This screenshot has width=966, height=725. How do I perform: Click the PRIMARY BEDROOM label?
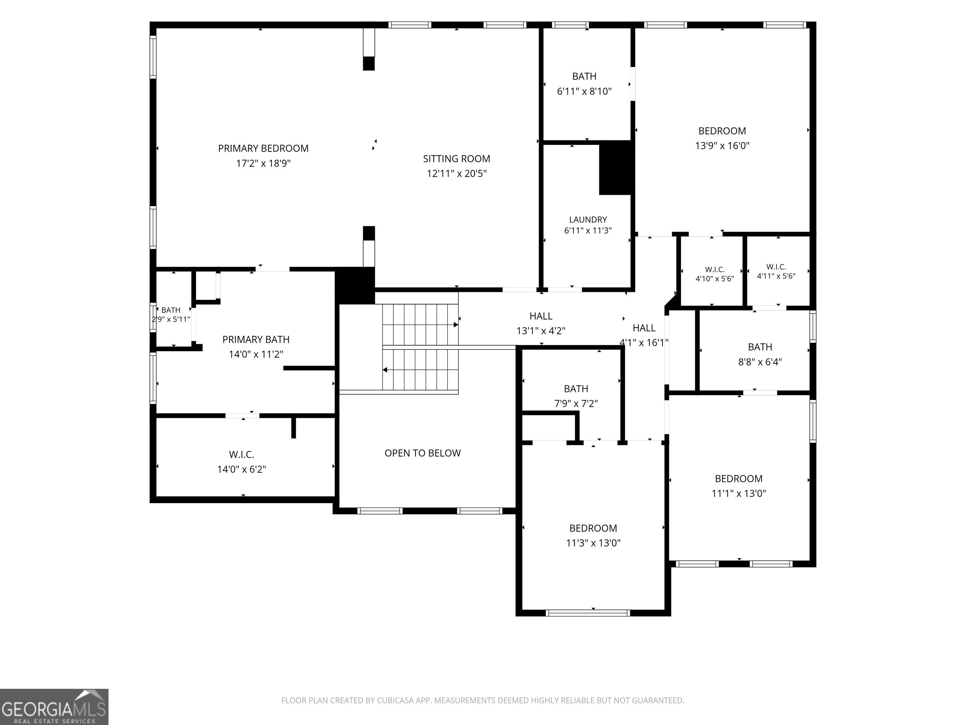point(263,149)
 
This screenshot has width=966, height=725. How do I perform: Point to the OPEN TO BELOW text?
point(423,453)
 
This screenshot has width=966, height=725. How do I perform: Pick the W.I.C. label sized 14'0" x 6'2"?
point(241,454)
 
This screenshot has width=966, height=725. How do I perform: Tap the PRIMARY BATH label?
point(256,340)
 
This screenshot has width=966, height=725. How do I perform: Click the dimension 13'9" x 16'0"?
point(722,145)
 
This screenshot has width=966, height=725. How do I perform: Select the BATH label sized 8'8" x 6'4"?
point(760,347)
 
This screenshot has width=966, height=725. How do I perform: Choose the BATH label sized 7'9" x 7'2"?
point(576,389)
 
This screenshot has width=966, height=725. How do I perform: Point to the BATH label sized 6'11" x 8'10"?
point(584,76)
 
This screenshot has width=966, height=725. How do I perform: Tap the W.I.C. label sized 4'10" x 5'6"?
point(715,270)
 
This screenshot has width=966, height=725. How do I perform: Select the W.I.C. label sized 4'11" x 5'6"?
point(776,267)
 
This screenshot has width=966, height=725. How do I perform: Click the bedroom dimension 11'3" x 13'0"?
point(593,543)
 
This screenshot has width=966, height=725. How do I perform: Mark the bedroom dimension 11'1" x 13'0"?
point(738,493)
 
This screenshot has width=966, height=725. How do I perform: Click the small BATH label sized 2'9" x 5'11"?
point(171,310)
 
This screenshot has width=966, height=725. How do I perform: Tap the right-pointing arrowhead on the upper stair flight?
point(456,325)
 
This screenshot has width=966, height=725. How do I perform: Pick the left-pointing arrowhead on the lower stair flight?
point(385,370)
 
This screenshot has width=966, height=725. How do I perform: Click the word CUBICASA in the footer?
point(392,700)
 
